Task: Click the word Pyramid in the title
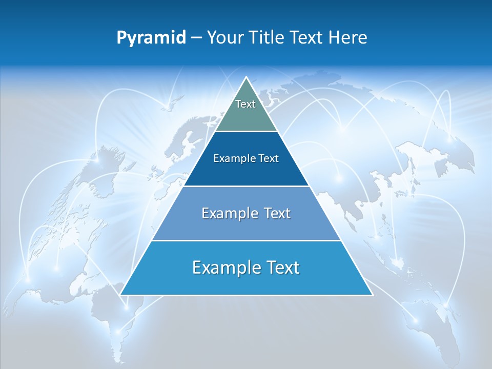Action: pyautogui.click(x=151, y=38)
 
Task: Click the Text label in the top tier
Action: pyautogui.click(x=245, y=104)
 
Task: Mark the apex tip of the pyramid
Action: pyautogui.click(x=246, y=77)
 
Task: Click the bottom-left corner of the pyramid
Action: pyautogui.click(x=121, y=294)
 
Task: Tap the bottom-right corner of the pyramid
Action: pyautogui.click(x=372, y=294)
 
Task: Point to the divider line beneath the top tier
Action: pyautogui.click(x=246, y=132)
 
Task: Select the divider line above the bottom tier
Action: pyautogui.click(x=246, y=240)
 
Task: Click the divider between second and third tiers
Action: pyautogui.click(x=246, y=186)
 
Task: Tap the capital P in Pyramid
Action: pyautogui.click(x=121, y=38)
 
